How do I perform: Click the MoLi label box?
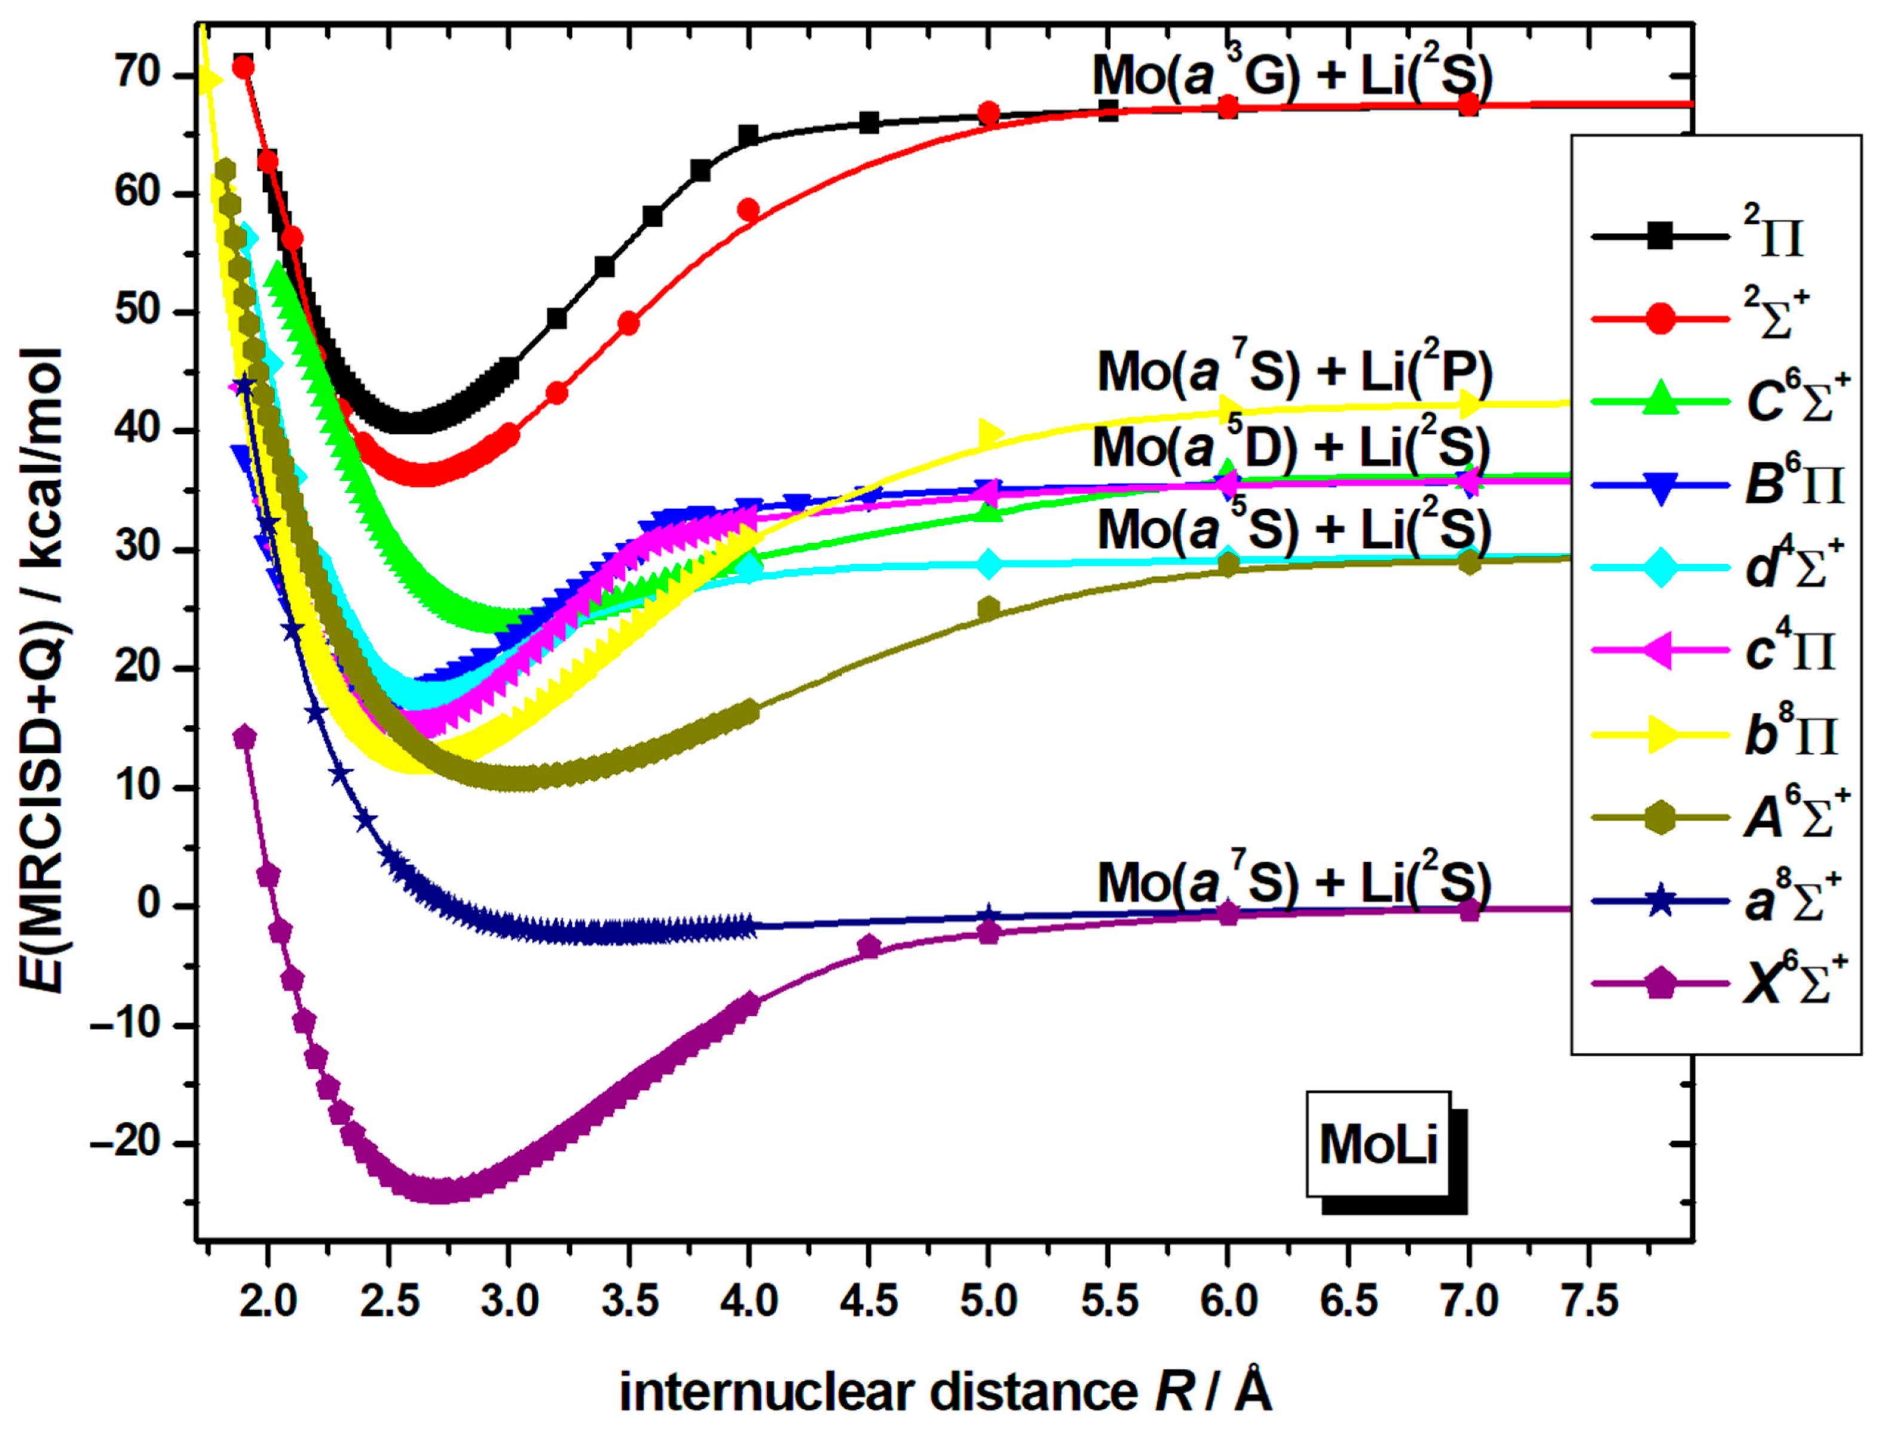click(x=1377, y=1144)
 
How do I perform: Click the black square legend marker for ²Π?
click(x=1660, y=234)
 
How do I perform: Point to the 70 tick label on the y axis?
click(x=139, y=75)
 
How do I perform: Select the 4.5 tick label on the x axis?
click(x=869, y=1302)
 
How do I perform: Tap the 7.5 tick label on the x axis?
click(x=1589, y=1302)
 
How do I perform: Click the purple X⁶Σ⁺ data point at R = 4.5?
click(x=869, y=946)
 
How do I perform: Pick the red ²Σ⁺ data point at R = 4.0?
click(x=748, y=210)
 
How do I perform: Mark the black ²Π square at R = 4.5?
click(x=869, y=122)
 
